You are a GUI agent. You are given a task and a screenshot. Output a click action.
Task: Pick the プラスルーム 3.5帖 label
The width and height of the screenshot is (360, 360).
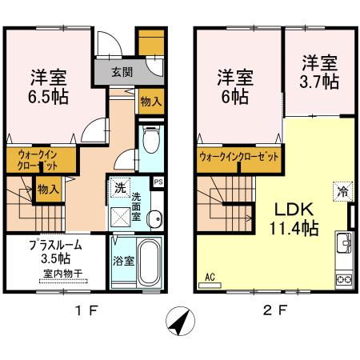54,251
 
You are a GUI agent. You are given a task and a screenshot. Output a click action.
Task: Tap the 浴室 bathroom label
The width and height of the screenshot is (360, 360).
123,260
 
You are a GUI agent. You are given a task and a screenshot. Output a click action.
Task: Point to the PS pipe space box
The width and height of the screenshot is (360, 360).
158,182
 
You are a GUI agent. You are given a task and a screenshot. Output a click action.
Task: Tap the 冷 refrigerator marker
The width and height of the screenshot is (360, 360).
342,191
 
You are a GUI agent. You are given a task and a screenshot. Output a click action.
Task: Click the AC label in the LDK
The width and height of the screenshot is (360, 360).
211,278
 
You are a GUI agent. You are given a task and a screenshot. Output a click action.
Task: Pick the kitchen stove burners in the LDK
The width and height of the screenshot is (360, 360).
346,278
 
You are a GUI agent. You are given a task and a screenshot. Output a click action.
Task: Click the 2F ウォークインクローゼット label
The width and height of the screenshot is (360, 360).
239,158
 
